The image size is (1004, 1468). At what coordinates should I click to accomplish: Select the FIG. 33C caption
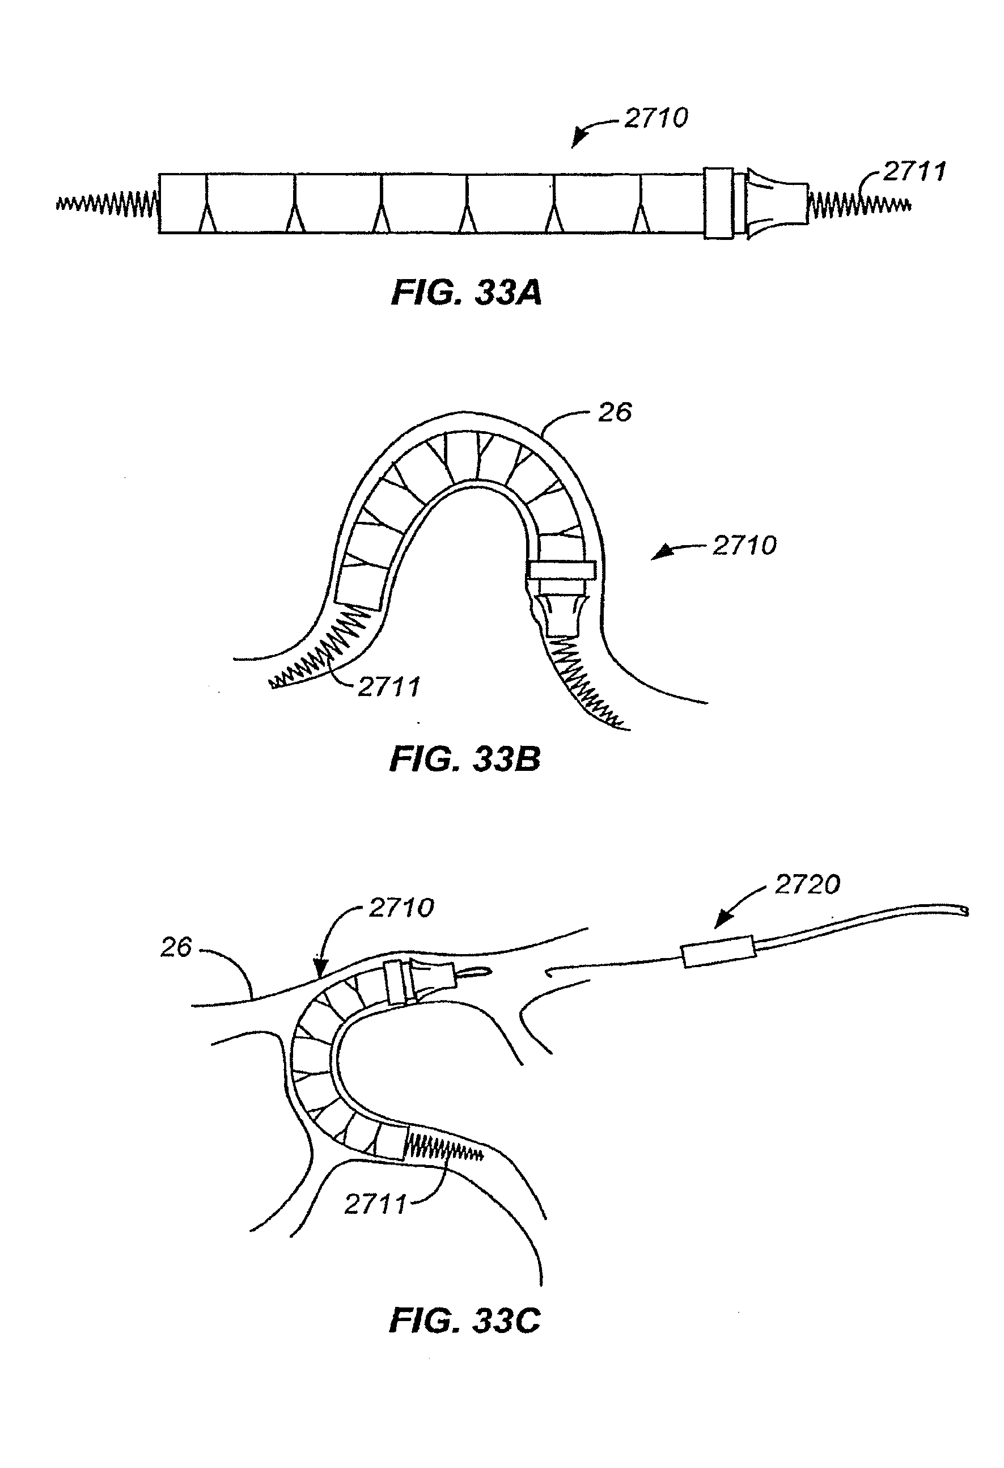pos(465,1321)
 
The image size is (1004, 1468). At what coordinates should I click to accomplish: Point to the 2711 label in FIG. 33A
pos(914,172)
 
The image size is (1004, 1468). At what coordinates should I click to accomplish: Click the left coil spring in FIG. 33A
pos(107,204)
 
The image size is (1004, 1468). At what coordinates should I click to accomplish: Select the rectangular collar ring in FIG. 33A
pos(719,204)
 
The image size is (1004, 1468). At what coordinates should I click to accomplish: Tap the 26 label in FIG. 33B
pos(615,413)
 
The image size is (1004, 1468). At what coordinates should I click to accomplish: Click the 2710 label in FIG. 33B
pos(744,546)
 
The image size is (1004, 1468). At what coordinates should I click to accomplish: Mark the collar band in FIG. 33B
pos(562,570)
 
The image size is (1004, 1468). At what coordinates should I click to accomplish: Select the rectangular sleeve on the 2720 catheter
pos(719,951)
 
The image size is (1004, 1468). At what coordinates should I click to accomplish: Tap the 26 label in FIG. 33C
pos(176,947)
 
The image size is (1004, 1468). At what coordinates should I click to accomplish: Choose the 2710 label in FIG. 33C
pos(401,908)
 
